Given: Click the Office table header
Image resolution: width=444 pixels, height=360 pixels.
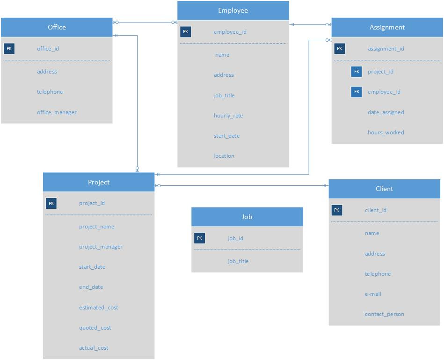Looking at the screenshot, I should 57,27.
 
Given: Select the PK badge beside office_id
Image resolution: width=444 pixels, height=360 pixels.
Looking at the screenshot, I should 9,49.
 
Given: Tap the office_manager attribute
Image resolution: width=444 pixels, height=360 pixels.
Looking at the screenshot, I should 57,112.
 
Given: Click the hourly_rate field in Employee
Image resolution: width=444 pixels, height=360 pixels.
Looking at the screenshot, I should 228,116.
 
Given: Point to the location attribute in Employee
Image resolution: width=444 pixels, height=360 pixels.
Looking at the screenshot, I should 224,156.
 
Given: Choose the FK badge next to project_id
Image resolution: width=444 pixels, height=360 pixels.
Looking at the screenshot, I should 357,72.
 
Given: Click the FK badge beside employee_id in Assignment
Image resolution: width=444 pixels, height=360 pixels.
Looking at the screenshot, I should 357,92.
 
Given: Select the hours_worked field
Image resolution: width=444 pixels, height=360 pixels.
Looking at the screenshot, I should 386,132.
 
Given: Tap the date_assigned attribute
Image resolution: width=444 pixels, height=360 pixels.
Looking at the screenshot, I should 386,112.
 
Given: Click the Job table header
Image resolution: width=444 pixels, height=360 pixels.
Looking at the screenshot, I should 247,217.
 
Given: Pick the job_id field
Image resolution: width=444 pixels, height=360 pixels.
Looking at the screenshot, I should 235,238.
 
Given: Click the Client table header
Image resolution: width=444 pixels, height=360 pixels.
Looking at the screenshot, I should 384,189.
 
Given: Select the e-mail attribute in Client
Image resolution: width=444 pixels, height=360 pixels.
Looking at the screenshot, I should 373,294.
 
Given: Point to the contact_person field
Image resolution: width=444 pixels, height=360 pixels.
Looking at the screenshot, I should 384,314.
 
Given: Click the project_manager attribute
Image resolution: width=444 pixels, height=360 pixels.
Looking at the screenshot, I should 101,247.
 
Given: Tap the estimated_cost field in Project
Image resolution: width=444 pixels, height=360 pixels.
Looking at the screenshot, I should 98,308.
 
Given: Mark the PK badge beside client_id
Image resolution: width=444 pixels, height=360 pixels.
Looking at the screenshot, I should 337,210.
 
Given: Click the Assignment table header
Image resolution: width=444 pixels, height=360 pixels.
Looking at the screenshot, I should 387,27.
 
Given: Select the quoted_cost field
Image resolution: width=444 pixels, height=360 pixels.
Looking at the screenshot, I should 95,328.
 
